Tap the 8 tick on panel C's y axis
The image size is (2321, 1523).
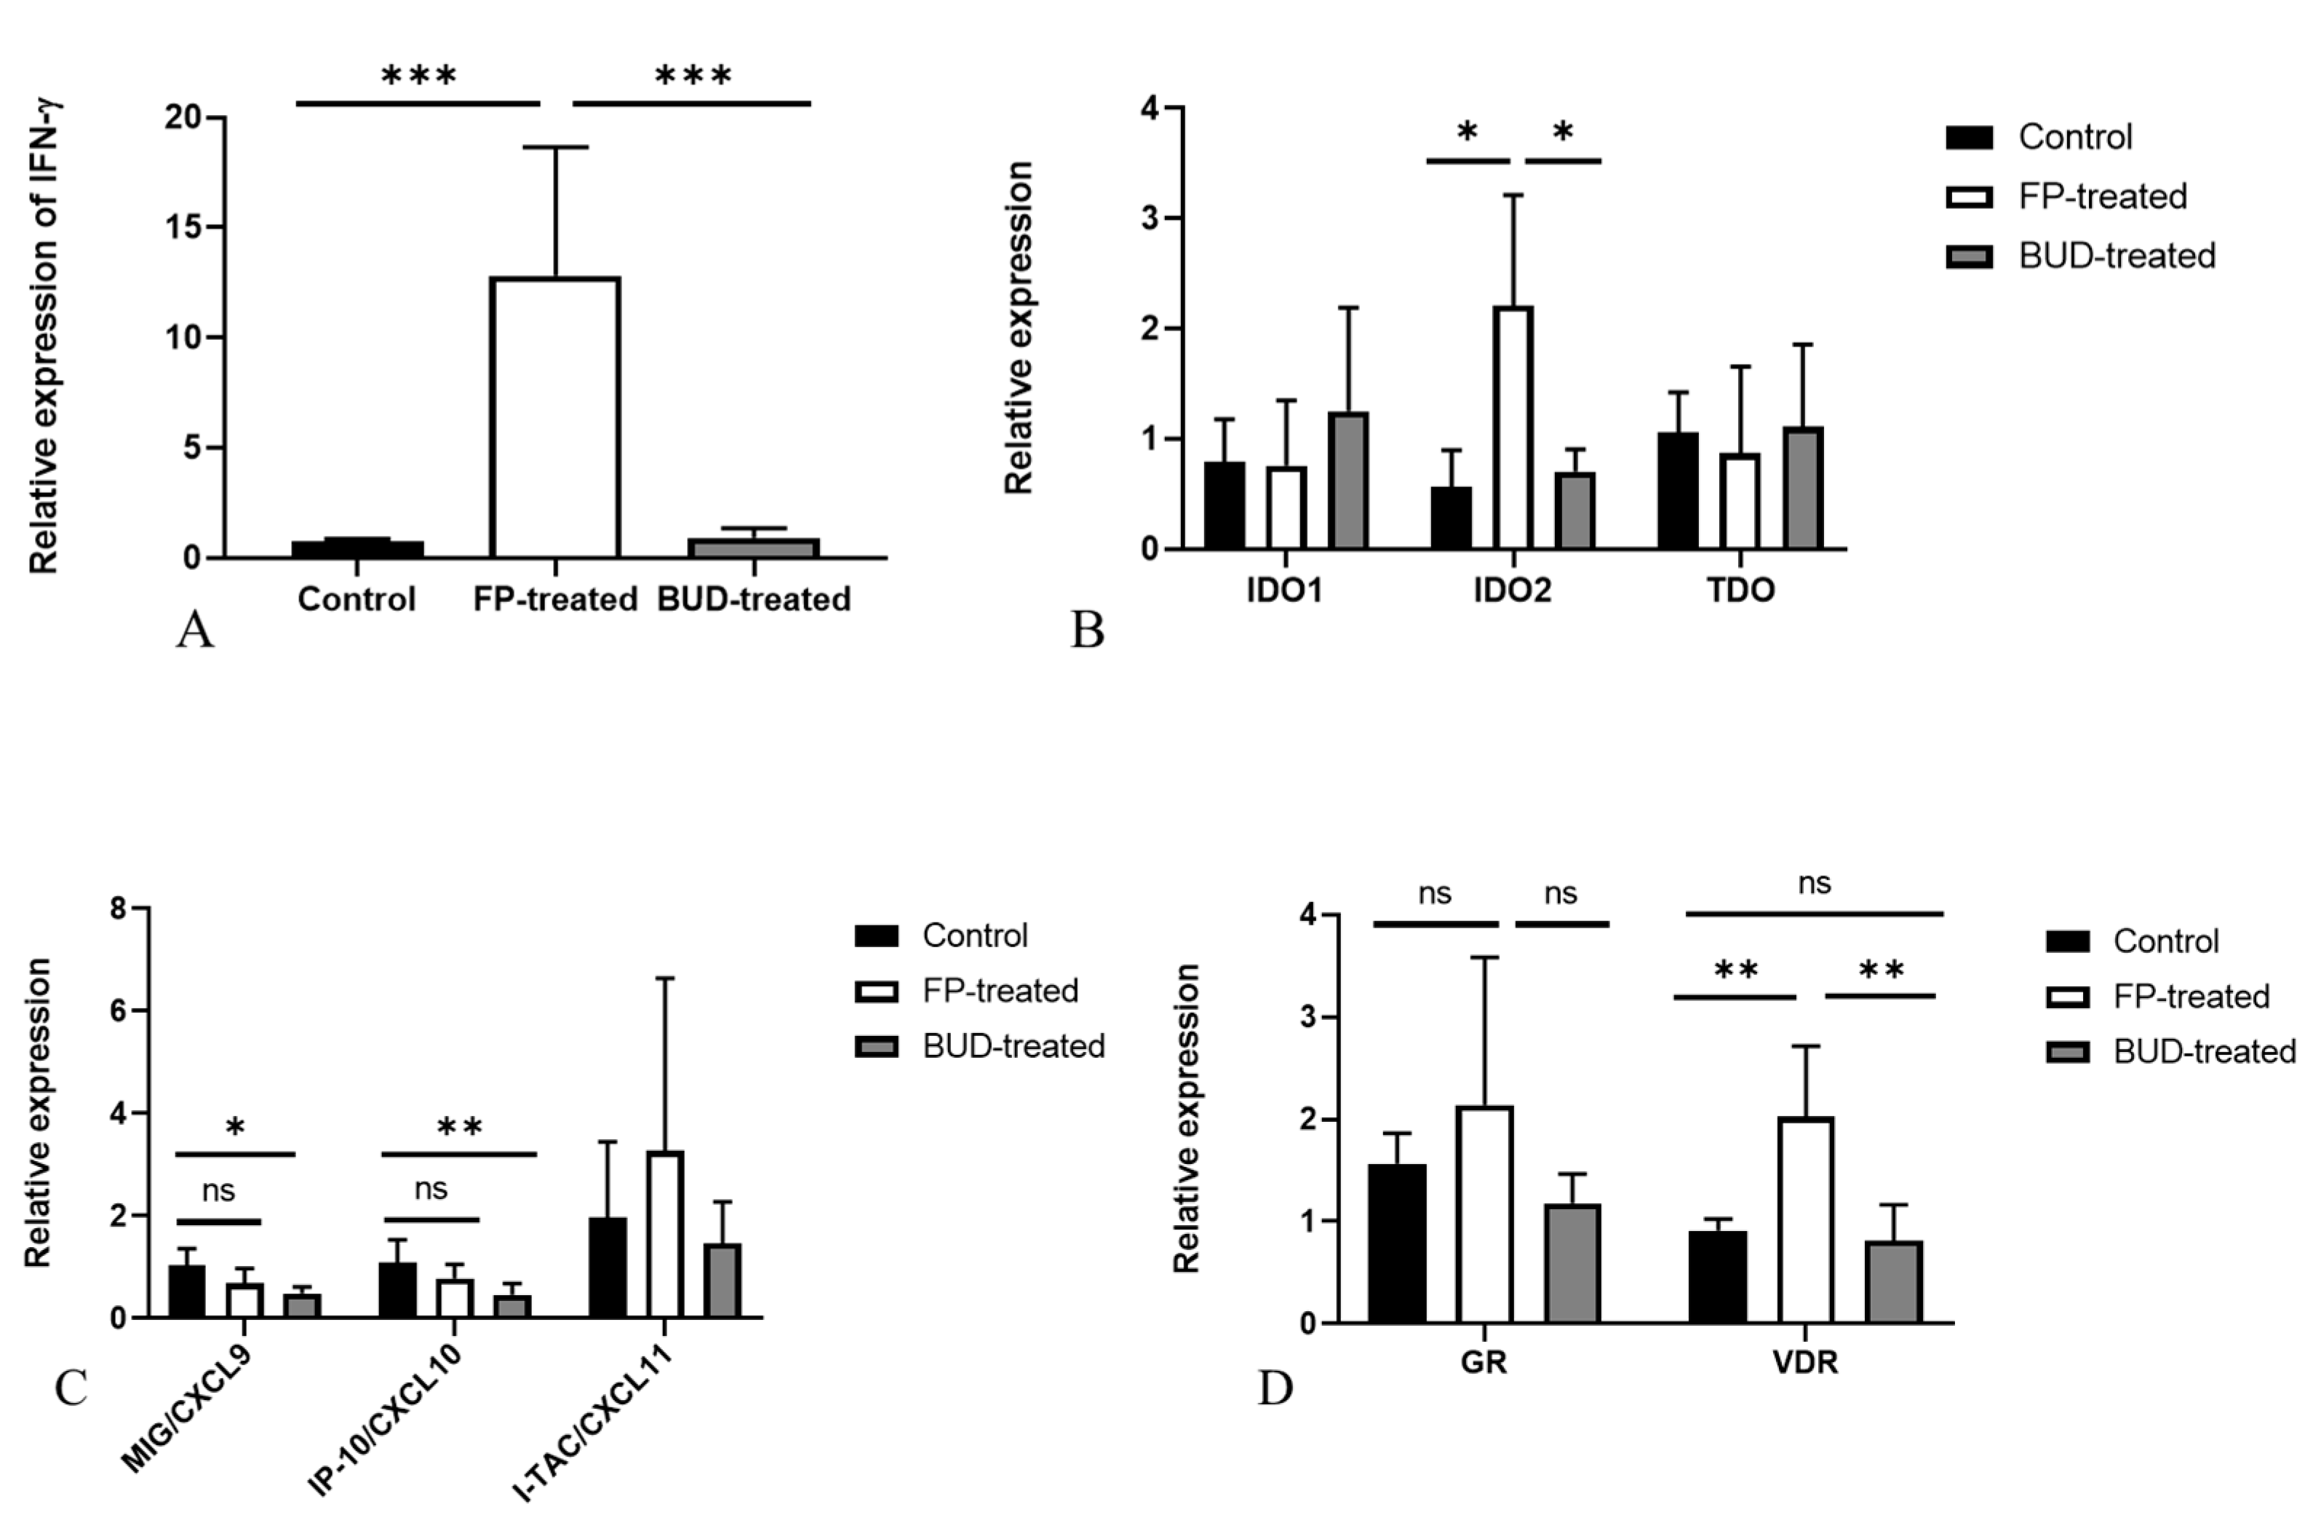click(119, 909)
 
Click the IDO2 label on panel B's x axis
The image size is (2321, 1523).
click(1512, 591)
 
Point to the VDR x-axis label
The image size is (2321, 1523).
click(1805, 1362)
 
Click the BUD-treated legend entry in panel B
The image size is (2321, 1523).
click(2117, 256)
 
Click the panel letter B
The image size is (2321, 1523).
click(1086, 630)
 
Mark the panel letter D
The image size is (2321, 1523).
click(1275, 1388)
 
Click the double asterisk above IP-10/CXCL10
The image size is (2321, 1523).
click(459, 1128)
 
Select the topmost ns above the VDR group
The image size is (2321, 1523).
click(1814, 884)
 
